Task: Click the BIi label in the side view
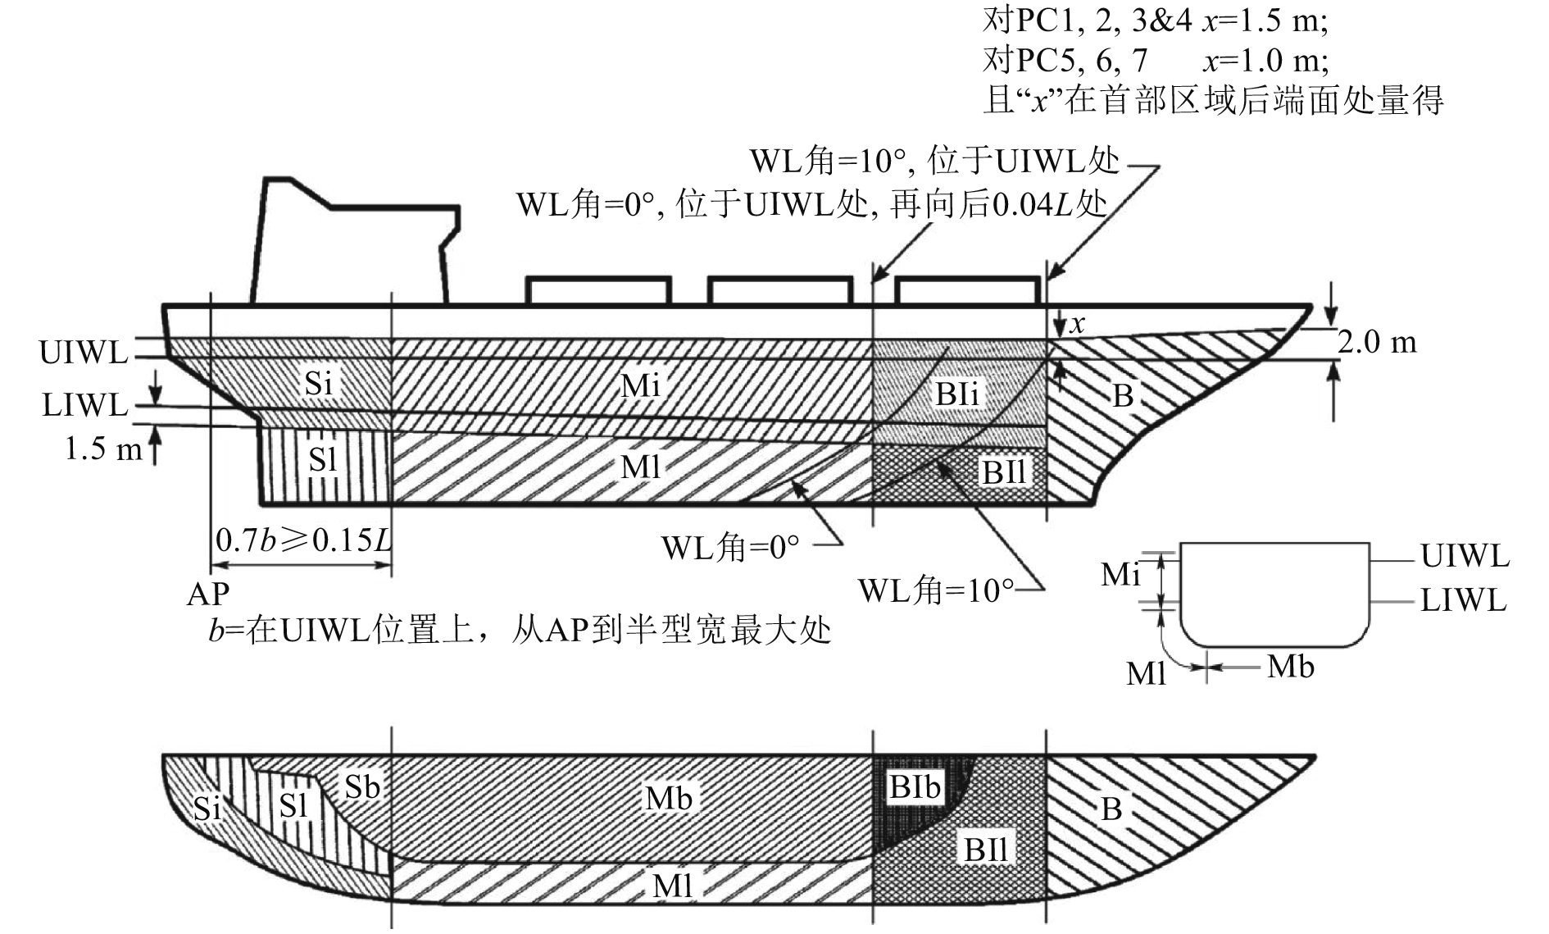tap(958, 394)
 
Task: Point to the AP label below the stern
tap(208, 593)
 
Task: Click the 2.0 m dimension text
tap(1377, 342)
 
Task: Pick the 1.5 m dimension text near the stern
tap(102, 449)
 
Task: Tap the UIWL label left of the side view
tap(84, 353)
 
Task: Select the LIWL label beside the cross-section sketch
tap(1464, 601)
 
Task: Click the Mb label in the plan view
tap(669, 798)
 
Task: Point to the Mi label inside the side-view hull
tap(640, 385)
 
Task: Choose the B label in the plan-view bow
tap(1111, 809)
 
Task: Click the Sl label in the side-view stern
tap(322, 460)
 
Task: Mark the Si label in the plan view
tap(207, 809)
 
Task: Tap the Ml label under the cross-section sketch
tap(1146, 674)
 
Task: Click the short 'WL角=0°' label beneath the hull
tap(730, 547)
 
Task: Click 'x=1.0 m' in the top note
tap(1265, 60)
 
